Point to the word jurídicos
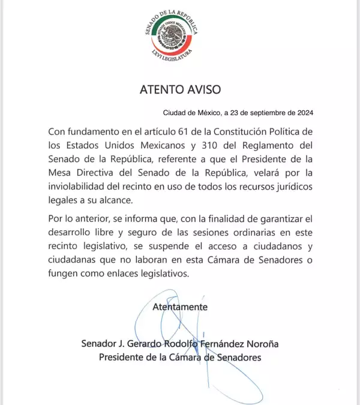(x=290, y=186)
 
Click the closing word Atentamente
(x=180, y=307)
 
